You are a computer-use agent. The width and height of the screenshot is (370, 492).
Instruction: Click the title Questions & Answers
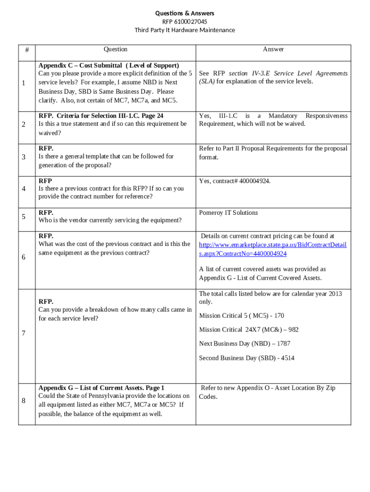[x=185, y=13]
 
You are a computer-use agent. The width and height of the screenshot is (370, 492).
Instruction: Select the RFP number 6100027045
[x=185, y=22]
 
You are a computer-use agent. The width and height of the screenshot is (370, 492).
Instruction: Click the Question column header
[x=115, y=49]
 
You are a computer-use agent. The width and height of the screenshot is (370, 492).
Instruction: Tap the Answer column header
[x=273, y=49]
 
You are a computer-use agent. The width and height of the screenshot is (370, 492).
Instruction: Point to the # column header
[x=27, y=49]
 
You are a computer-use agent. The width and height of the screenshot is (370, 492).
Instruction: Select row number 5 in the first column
[x=24, y=217]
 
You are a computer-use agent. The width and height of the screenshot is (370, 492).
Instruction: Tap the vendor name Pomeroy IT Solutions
[x=228, y=213]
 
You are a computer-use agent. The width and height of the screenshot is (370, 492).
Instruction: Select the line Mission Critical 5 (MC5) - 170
[x=241, y=316]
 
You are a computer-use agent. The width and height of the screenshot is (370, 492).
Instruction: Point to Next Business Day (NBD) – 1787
[x=245, y=344]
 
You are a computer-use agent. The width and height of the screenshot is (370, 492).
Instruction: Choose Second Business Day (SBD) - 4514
[x=247, y=358]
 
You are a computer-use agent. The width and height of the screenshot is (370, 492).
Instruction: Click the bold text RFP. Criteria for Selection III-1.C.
[x=101, y=116]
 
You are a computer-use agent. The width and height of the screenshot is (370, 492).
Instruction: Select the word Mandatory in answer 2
[x=283, y=116]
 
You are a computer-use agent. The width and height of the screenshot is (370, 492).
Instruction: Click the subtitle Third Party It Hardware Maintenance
[x=185, y=30]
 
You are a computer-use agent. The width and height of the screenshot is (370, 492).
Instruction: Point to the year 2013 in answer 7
[x=335, y=294]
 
